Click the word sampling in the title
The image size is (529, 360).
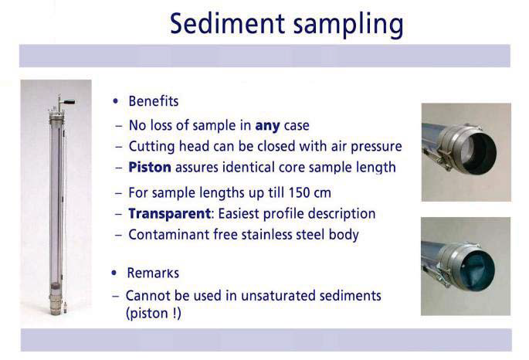click(x=344, y=25)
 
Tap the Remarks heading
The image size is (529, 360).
click(x=153, y=273)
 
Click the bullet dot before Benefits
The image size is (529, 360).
click(x=116, y=102)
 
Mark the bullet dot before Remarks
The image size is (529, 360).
click(x=116, y=273)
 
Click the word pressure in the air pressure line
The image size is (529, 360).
click(x=375, y=147)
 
